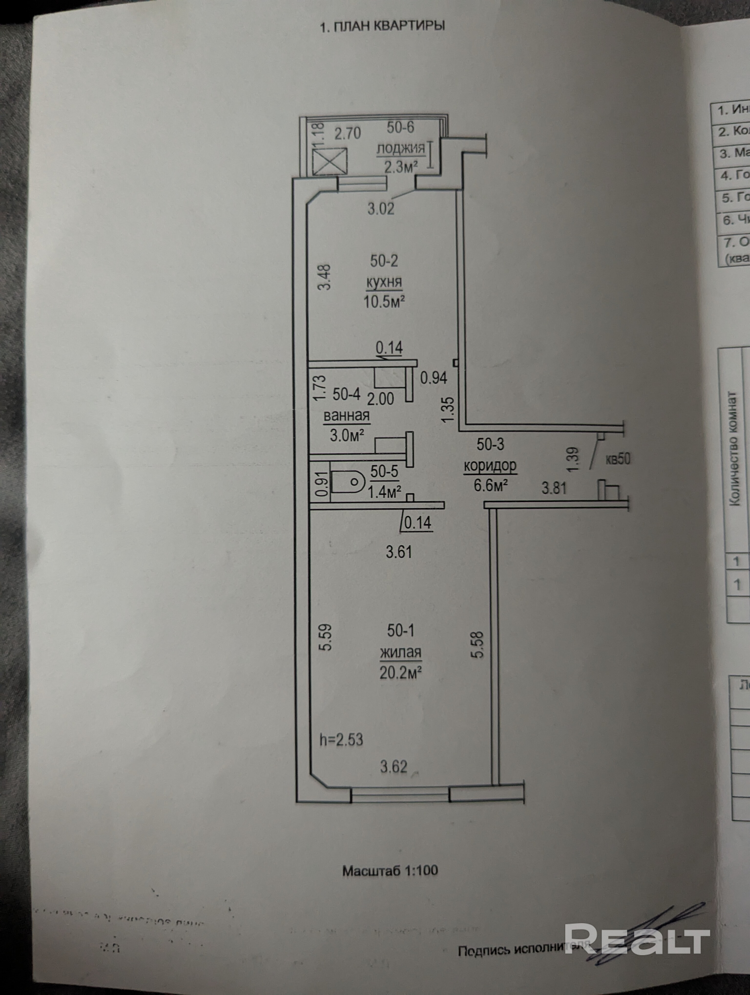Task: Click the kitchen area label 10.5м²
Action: coord(384,301)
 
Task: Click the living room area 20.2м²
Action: coord(400,673)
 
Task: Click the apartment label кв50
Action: coord(618,459)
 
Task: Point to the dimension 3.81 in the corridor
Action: coord(554,488)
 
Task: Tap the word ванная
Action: coord(347,416)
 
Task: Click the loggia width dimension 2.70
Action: coord(348,134)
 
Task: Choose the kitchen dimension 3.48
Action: coord(324,277)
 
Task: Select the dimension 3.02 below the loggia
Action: coord(381,208)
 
